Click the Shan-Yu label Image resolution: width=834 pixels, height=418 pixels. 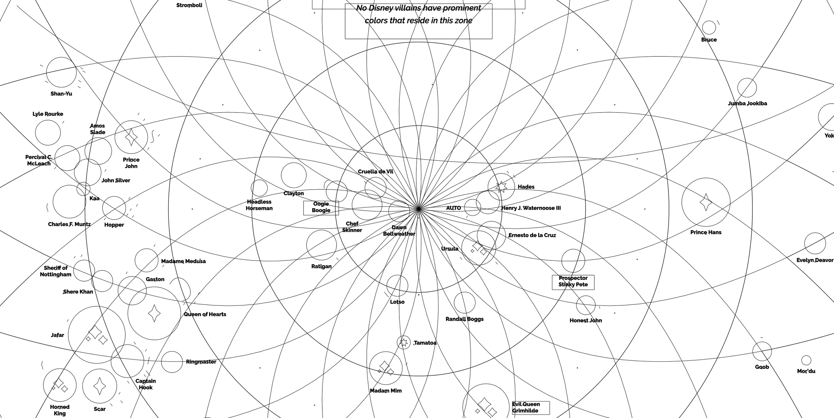point(61,94)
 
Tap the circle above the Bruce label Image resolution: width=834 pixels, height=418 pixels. point(709,28)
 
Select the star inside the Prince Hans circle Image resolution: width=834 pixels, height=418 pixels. point(706,202)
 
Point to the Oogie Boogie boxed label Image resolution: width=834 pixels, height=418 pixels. point(321,207)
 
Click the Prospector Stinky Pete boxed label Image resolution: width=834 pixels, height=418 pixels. point(573,281)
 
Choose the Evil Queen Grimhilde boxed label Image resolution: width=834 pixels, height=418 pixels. point(530,407)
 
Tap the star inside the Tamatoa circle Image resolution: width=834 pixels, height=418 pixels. point(404,343)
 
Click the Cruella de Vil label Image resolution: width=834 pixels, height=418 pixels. point(375,172)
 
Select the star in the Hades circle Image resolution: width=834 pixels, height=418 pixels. point(501,187)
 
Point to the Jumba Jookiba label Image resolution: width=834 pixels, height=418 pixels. point(747,103)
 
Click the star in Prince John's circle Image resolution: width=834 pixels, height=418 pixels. point(131,137)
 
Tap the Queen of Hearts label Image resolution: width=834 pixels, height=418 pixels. point(205,315)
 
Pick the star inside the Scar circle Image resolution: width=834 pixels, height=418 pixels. point(99,386)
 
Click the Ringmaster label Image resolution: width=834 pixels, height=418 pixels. point(201,362)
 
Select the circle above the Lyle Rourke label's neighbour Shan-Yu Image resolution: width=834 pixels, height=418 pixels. point(61,72)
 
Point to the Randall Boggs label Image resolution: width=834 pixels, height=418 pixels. point(464,319)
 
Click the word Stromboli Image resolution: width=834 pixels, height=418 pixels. point(189,5)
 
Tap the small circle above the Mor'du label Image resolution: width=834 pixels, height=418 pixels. point(806,360)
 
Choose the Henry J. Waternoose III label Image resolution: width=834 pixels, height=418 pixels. point(531,208)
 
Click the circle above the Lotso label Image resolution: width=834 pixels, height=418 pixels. point(397,286)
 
